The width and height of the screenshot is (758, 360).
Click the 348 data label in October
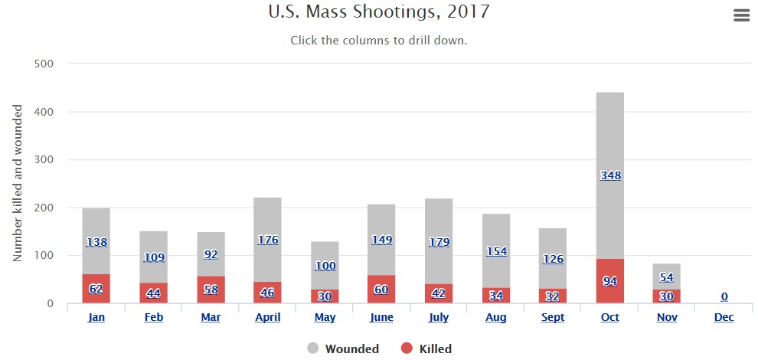(x=610, y=175)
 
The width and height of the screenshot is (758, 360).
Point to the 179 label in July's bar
(x=439, y=243)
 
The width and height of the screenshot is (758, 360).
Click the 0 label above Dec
(x=724, y=296)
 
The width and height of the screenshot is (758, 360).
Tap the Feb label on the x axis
(x=153, y=317)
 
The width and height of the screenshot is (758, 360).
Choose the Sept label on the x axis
(x=553, y=317)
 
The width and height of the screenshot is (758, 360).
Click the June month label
(x=381, y=317)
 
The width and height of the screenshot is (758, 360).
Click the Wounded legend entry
(x=343, y=349)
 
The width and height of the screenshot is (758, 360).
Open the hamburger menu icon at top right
(x=741, y=15)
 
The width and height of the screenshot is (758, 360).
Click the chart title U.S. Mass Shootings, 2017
(x=379, y=12)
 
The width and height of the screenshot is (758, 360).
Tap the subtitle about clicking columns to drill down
(x=379, y=40)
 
